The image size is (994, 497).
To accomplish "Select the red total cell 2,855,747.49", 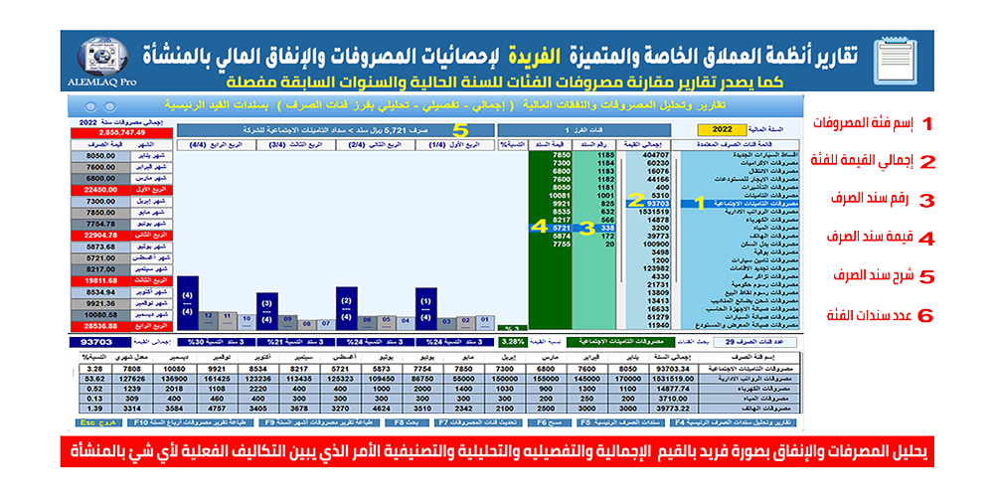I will (121, 131).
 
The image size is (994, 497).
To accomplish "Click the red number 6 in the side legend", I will (926, 316).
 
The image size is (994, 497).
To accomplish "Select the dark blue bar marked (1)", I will (425, 308).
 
